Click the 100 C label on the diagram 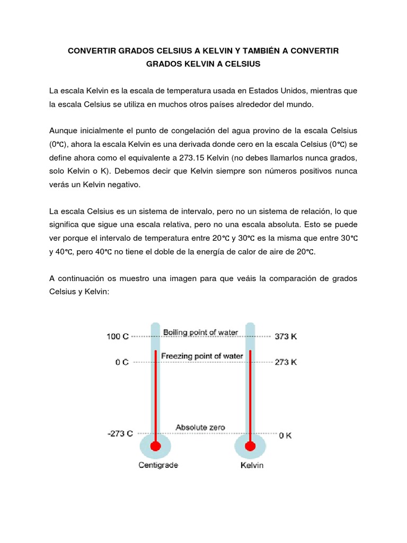(118, 336)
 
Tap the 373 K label (285, 336)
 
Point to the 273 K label (285, 362)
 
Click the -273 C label (120, 433)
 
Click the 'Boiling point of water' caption (201, 332)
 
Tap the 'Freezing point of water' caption (202, 356)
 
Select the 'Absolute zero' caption (200, 427)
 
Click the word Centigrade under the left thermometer (158, 465)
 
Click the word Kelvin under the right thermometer (252, 466)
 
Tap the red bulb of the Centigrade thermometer (155, 446)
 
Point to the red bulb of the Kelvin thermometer (250, 446)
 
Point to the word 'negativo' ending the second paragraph (125, 184)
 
